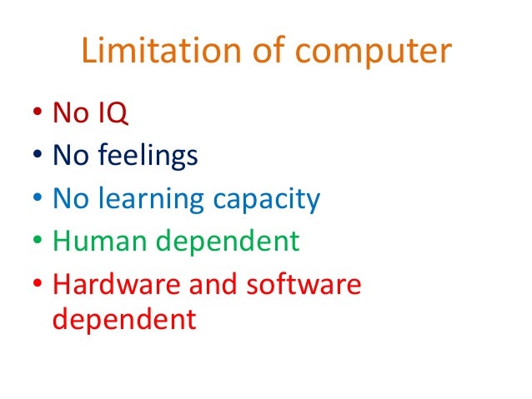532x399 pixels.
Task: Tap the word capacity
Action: [x=267, y=200]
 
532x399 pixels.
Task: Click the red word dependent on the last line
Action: [x=124, y=318]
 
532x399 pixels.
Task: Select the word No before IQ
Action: [x=69, y=112]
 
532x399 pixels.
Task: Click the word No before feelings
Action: [x=69, y=156]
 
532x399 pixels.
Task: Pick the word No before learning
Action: [x=69, y=199]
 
